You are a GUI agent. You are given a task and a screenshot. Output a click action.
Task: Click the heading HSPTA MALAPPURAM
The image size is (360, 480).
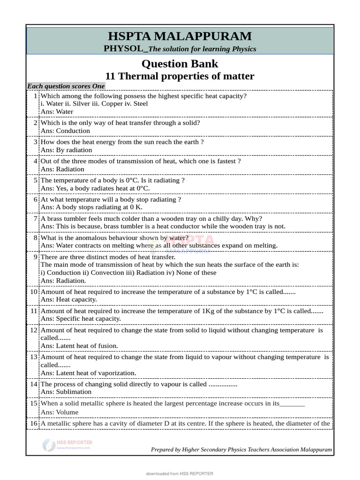pos(180,37)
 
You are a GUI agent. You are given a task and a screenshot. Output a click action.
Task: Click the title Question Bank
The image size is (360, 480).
pos(180,63)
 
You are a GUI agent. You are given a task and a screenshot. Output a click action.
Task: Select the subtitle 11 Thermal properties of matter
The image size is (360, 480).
pos(180,76)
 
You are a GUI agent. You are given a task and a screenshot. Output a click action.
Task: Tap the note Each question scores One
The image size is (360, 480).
pos(66,86)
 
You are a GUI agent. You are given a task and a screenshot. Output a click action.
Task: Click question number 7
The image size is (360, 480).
pos(36,218)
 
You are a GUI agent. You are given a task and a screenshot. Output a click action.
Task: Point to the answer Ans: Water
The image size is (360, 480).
pos(57,112)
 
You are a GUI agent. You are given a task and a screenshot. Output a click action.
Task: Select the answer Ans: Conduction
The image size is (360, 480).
pos(65,131)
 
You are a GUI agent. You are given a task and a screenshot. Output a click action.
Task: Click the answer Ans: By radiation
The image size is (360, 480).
pos(66,150)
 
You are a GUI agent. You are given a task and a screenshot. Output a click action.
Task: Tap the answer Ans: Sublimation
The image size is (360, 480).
pos(66,391)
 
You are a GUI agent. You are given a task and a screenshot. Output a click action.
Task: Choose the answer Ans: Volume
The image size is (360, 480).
pos(60,412)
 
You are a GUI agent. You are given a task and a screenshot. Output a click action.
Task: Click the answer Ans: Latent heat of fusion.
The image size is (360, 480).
pos(79,345)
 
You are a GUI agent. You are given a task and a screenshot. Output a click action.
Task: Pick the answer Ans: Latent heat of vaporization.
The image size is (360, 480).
pos(88,373)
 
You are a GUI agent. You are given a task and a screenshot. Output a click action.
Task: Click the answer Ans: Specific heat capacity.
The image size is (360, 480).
pos(81,318)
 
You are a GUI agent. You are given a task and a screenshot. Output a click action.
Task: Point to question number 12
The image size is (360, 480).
pos(34,330)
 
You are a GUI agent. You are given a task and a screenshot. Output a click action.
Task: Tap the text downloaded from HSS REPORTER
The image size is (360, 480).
pos(180,474)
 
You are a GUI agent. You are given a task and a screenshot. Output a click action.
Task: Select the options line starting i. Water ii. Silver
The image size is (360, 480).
pos(94,104)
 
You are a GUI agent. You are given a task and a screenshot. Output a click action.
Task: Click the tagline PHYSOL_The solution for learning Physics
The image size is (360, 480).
pos(180,49)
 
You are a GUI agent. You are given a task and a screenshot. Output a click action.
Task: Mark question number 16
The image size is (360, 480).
pos(34,423)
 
